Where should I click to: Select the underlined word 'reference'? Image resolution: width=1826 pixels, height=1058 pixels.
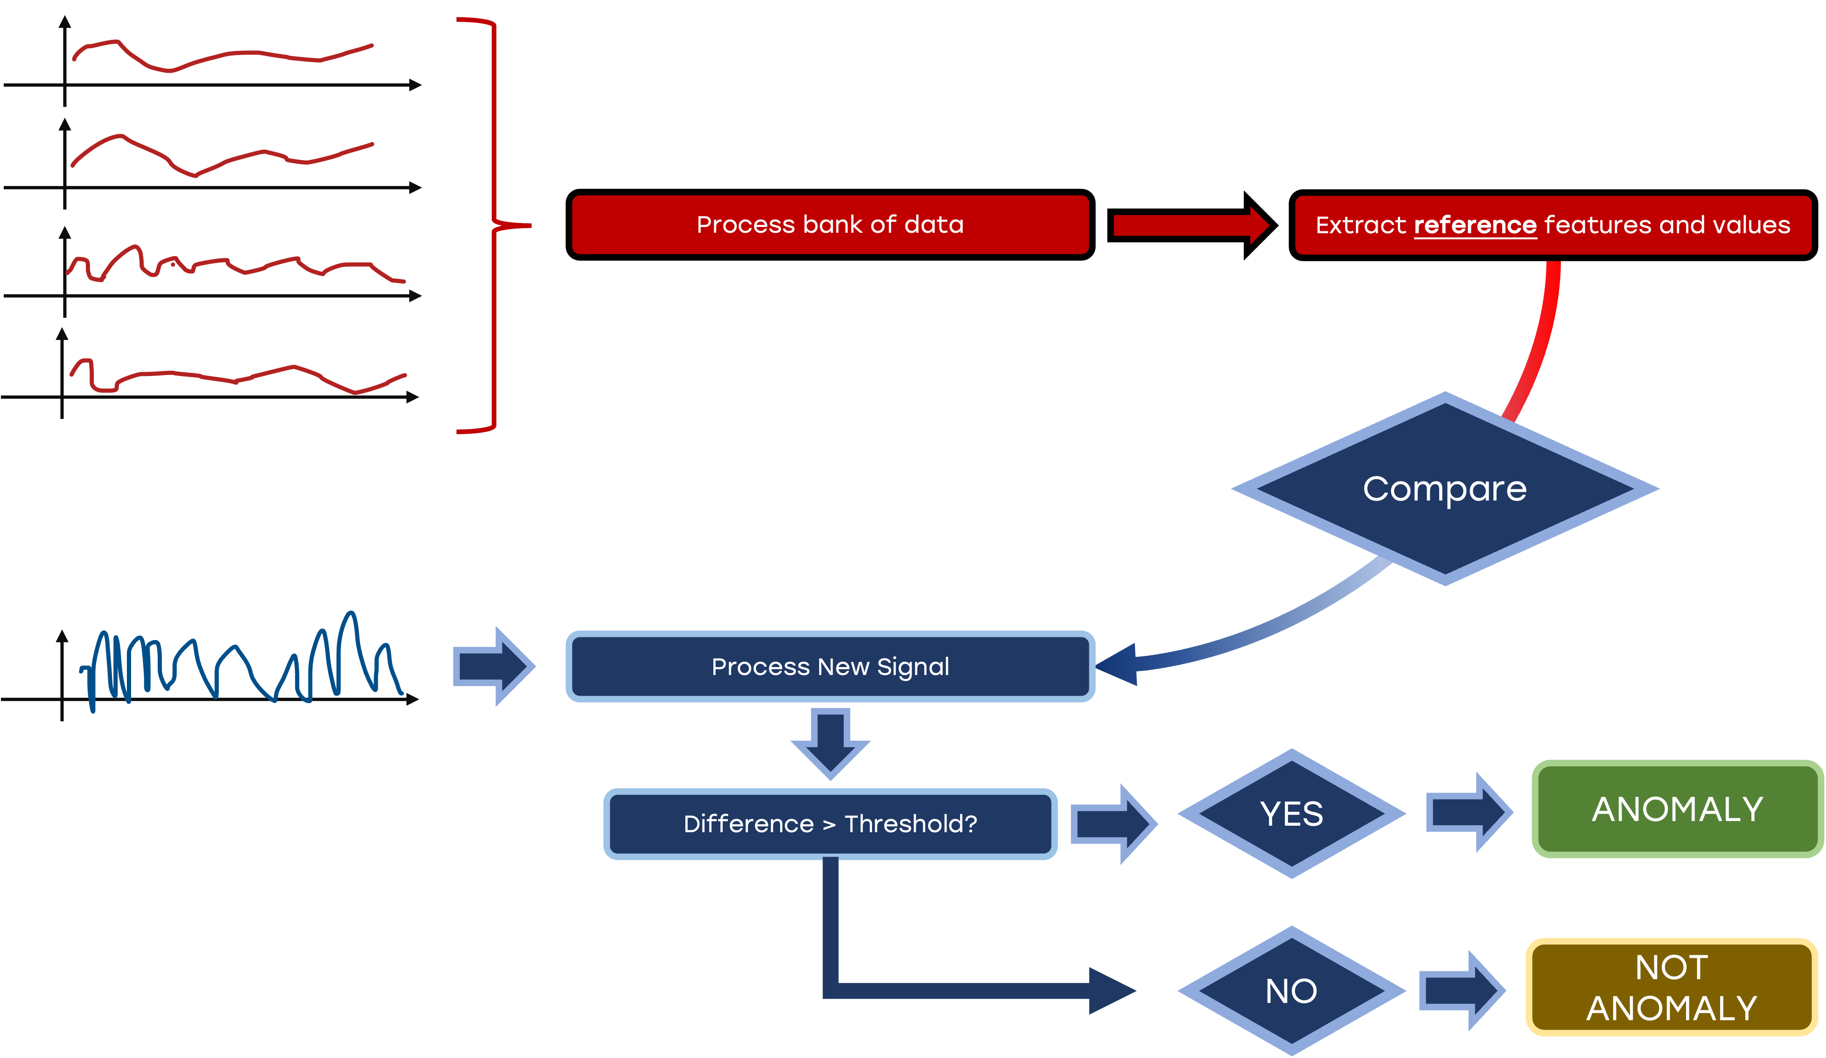(x=1475, y=225)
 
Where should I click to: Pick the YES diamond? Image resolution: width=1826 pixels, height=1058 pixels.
(x=1291, y=814)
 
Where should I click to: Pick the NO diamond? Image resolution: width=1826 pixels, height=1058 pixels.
(x=1291, y=991)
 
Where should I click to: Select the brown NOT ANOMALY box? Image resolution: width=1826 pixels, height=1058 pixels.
(x=1672, y=987)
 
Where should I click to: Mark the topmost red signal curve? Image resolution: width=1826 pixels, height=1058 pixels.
(x=217, y=56)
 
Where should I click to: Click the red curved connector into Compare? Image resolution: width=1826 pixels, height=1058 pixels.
(x=1536, y=341)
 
